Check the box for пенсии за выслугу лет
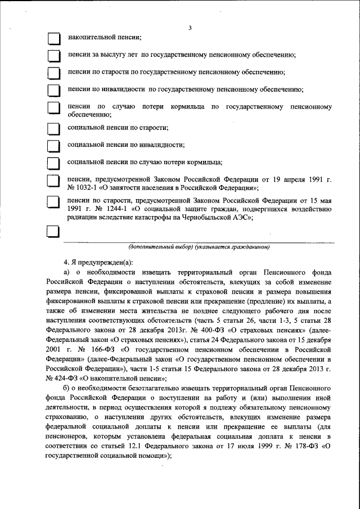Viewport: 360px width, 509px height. pyautogui.click(x=53, y=56)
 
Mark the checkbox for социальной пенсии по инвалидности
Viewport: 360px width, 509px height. pyautogui.click(x=53, y=146)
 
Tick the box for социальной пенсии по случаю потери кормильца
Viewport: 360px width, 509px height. pyautogui.click(x=53, y=163)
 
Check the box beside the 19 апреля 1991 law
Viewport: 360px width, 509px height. pyautogui.click(x=53, y=181)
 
